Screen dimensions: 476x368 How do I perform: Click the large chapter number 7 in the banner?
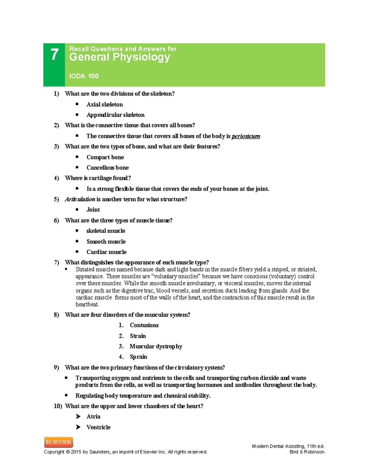click(54, 55)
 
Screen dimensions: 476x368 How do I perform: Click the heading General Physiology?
click(120, 57)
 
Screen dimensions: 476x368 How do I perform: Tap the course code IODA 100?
click(84, 76)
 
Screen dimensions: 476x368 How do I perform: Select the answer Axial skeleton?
click(105, 105)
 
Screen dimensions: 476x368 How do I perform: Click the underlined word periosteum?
click(246, 136)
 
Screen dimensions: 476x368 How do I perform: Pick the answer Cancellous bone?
click(107, 168)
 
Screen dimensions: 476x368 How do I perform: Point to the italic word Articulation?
click(80, 199)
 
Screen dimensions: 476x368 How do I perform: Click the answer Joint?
click(93, 210)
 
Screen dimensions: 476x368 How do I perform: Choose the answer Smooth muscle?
click(106, 242)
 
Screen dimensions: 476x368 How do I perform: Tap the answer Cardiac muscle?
click(106, 252)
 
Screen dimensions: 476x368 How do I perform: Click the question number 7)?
click(56, 262)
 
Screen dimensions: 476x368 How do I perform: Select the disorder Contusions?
click(144, 325)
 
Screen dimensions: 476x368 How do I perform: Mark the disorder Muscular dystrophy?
click(156, 346)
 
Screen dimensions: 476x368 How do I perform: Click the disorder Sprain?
click(138, 357)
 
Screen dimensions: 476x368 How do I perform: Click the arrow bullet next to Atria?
click(78, 417)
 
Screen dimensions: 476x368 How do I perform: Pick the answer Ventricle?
click(98, 427)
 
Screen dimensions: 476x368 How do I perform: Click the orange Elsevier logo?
click(59, 442)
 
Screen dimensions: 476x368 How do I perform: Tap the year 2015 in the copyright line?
click(76, 452)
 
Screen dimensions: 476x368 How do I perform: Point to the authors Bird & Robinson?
click(307, 452)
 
